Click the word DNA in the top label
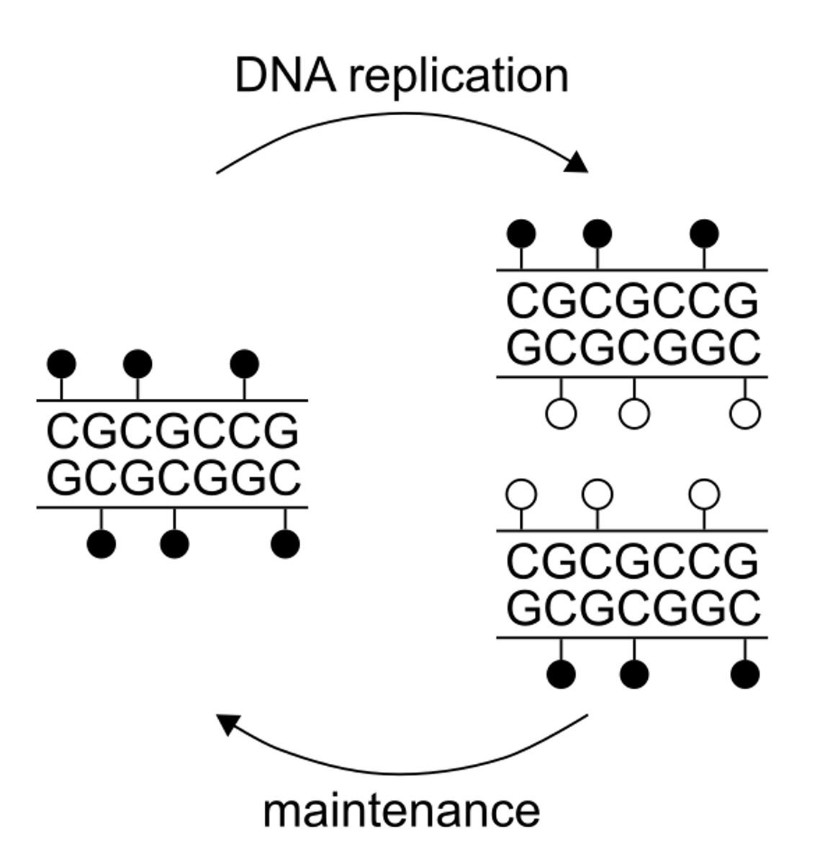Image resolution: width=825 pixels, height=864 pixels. coord(286,76)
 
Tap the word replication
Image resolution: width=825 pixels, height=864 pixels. coord(459,77)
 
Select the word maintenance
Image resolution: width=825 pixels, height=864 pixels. coord(401,811)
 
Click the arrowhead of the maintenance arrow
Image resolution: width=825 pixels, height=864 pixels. coord(228,723)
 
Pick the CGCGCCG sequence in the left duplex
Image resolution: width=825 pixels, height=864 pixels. coord(173,432)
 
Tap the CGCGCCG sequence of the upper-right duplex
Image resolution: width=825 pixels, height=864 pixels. coord(633,301)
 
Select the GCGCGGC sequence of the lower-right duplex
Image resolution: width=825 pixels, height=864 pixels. coord(633,608)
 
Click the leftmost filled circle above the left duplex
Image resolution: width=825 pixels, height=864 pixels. coord(61,364)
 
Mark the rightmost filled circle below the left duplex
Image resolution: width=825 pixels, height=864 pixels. coord(285,544)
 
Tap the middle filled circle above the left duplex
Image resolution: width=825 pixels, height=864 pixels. coord(137,364)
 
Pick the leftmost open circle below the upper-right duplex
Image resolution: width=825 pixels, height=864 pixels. coord(562,414)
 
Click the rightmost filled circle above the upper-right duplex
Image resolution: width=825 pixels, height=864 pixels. coord(704,234)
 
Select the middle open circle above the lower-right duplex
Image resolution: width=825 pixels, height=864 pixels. coord(598,495)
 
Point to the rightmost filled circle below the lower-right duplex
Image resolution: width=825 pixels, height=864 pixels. coord(745,675)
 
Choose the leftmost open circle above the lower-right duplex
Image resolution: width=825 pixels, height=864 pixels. coord(522,495)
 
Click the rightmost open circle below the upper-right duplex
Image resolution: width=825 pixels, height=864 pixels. coord(745,414)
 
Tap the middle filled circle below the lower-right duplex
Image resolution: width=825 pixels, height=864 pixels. coord(634,675)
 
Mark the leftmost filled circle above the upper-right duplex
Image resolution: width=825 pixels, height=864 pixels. coord(522,234)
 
